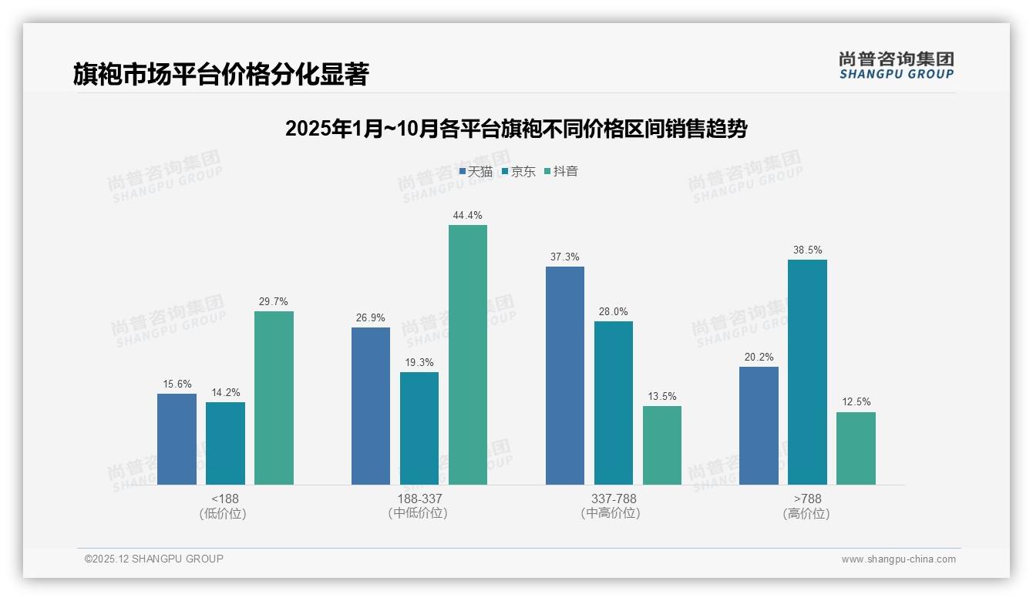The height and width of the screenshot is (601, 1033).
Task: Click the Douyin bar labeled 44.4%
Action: tap(468, 354)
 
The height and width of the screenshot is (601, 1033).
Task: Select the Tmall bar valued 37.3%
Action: tap(565, 375)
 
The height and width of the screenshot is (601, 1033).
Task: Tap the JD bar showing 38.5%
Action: tap(807, 372)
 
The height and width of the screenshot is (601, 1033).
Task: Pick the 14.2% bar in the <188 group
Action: tap(225, 443)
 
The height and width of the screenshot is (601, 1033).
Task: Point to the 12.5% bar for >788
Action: tap(856, 448)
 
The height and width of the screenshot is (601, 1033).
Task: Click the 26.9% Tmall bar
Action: tap(371, 406)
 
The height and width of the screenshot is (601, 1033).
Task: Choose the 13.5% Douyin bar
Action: tap(662, 445)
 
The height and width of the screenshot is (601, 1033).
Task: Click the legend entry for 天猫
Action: tap(476, 172)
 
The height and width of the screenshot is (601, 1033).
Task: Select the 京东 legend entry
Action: tap(519, 172)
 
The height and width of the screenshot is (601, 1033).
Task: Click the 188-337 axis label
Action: tap(419, 499)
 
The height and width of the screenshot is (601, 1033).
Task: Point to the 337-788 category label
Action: tap(614, 499)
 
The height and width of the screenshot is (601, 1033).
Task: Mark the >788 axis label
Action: tap(807, 499)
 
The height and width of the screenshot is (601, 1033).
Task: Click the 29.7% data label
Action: tap(274, 302)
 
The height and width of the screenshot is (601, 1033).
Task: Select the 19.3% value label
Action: tap(419, 363)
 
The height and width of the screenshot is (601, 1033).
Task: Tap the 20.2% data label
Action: tap(759, 358)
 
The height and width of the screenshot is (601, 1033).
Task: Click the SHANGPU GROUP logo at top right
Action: tap(896, 65)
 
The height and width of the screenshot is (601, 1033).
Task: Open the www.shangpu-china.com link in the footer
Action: tap(898, 559)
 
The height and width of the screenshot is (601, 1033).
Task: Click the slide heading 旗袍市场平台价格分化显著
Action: tap(221, 74)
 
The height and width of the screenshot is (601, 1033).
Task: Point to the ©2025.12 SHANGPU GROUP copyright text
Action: tap(154, 559)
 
